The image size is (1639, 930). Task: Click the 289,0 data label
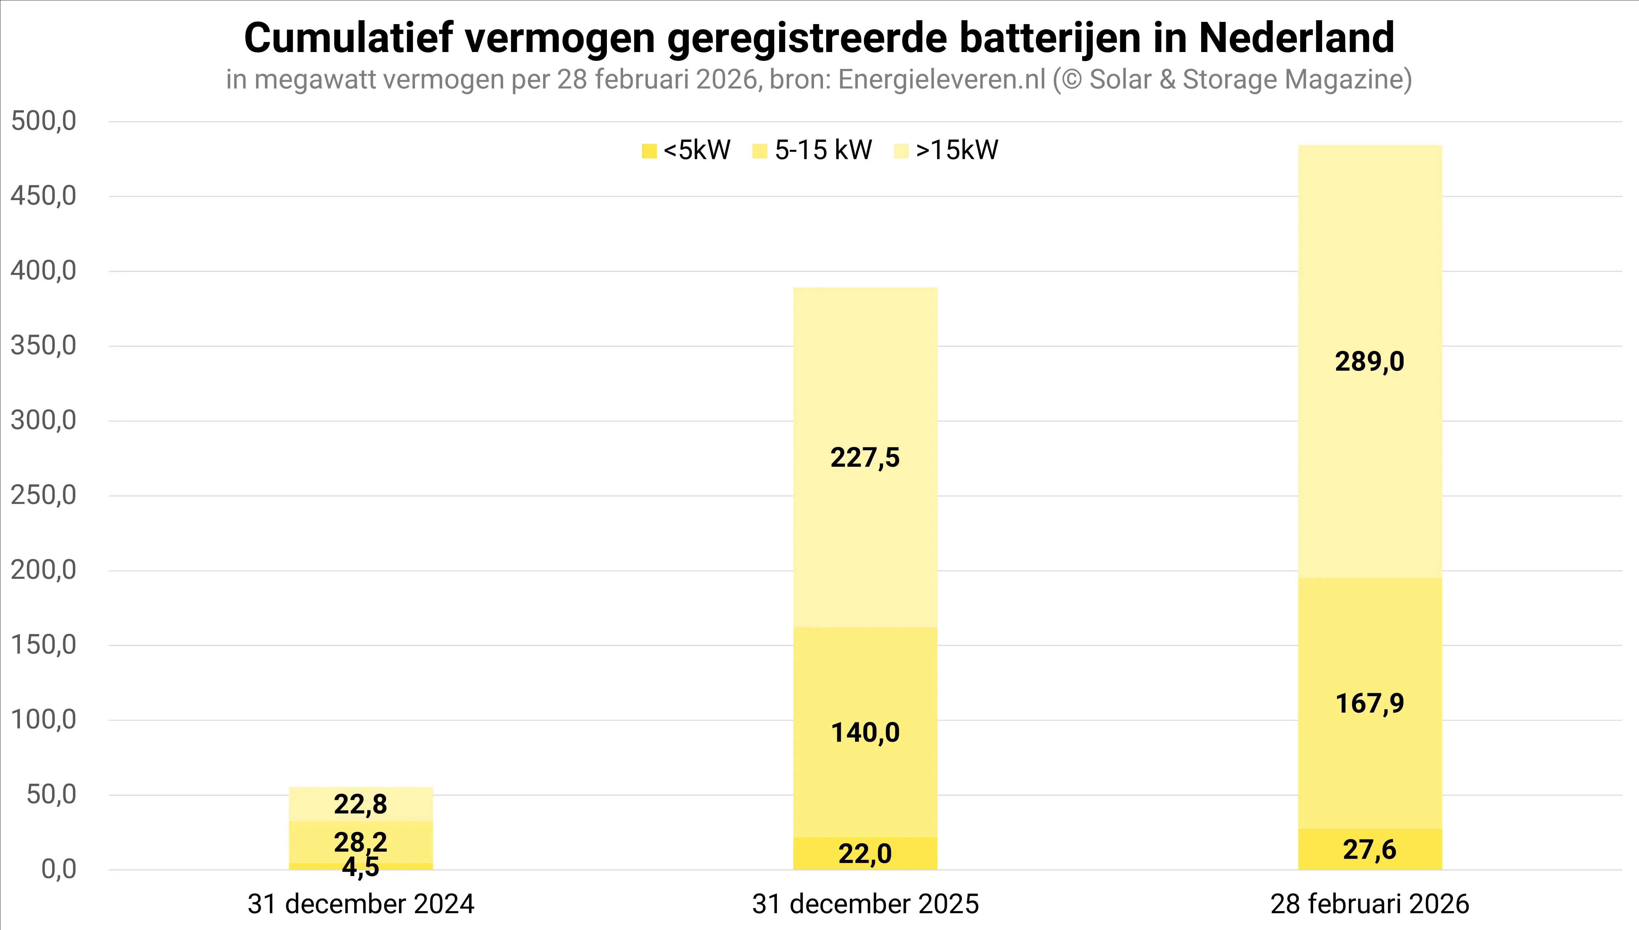click(x=1369, y=361)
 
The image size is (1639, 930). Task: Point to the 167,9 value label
click(x=1369, y=703)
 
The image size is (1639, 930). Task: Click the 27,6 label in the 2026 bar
click(x=1369, y=849)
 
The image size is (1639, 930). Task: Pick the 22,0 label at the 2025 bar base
click(x=865, y=854)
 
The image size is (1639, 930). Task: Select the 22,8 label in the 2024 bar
click(x=360, y=804)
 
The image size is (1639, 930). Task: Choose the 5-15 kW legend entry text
click(x=823, y=150)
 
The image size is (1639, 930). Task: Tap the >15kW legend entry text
click(x=957, y=150)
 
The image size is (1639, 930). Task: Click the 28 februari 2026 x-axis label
click(x=1369, y=904)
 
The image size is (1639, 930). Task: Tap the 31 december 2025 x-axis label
click(x=865, y=904)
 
